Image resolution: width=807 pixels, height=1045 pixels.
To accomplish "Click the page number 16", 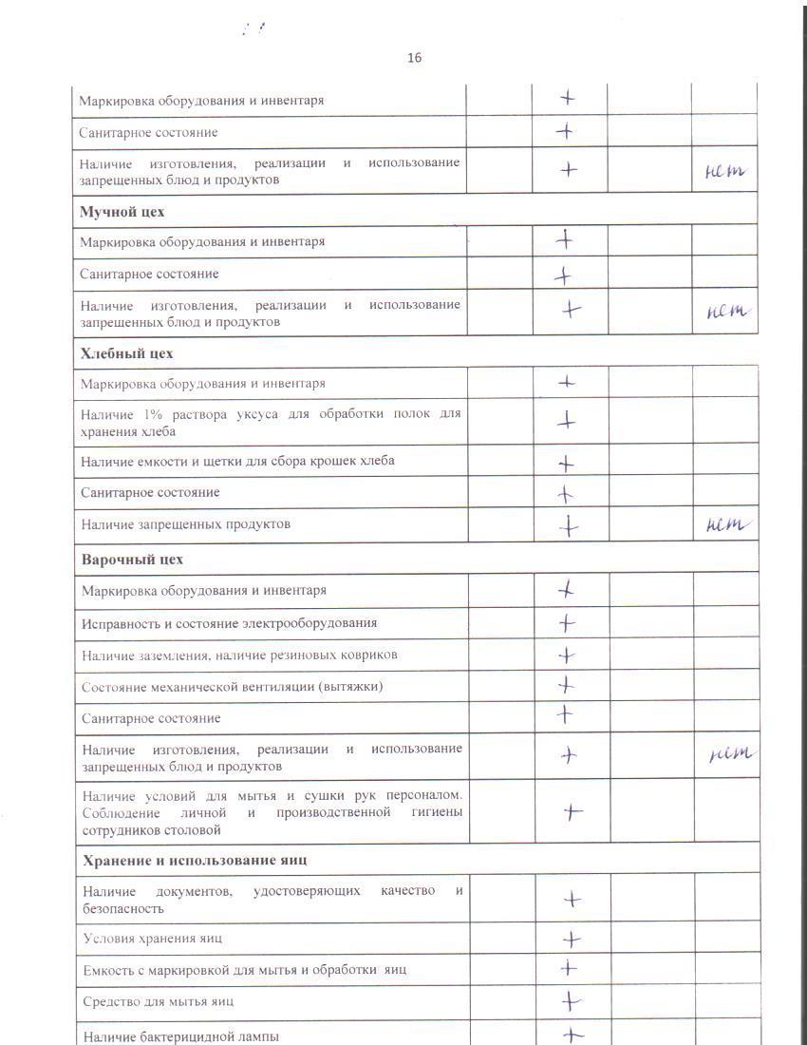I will click(x=414, y=58).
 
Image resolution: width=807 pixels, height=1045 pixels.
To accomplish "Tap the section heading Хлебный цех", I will click(x=127, y=353).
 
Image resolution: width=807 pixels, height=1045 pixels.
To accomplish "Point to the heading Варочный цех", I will click(x=133, y=559).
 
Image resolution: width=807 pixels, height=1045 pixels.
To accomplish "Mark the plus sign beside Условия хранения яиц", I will click(x=572, y=940).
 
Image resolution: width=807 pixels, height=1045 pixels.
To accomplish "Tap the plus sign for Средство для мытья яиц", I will click(x=571, y=1001).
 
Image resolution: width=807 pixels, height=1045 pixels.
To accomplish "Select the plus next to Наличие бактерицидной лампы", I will click(x=572, y=1035).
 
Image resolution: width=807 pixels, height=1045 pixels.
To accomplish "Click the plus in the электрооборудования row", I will click(x=567, y=623).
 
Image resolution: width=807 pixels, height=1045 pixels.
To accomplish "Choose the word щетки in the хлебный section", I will click(x=239, y=461).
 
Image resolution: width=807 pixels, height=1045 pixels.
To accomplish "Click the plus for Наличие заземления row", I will click(x=567, y=655).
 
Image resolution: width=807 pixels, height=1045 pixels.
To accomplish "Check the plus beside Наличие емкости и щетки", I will click(x=567, y=465).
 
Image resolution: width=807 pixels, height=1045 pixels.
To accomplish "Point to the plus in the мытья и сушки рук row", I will click(x=572, y=811).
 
